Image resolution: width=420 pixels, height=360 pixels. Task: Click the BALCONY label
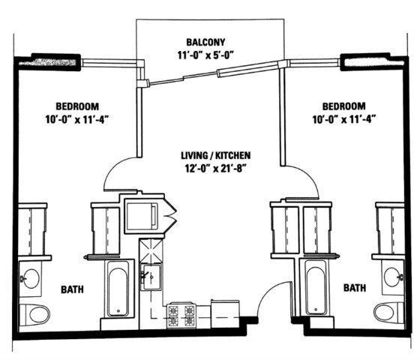pos(205,42)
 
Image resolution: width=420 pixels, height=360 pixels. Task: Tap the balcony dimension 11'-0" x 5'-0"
pos(205,55)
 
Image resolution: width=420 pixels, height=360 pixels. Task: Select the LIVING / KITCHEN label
pos(216,155)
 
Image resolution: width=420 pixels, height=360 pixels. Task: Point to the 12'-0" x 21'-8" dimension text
pos(216,169)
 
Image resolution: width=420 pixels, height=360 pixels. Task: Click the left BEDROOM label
pos(77,106)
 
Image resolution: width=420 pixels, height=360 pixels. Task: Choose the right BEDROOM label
pos(344,106)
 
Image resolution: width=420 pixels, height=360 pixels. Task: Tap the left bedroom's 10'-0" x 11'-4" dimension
pos(77,119)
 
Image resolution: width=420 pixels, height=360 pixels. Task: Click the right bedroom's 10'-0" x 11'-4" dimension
pos(344,119)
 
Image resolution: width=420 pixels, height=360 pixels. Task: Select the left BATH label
pos(72,289)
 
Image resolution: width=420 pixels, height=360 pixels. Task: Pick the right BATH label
pos(355,288)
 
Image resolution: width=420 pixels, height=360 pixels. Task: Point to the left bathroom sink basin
pos(31,278)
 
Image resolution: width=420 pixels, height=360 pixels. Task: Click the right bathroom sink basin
pos(392,277)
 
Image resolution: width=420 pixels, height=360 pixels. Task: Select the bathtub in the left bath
pos(118,288)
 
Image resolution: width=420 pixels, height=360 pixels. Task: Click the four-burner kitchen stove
pos(181,316)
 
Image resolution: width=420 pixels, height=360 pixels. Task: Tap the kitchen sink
pos(151,277)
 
